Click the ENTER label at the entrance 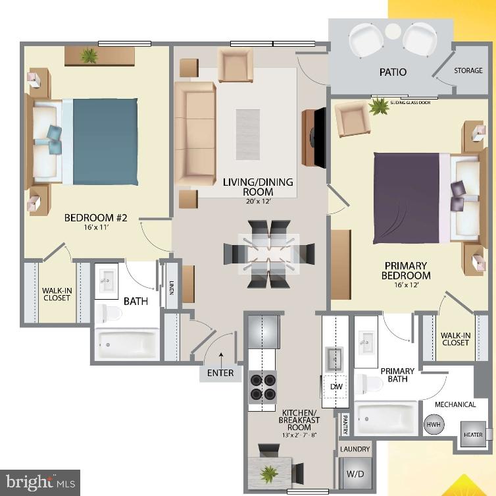220,373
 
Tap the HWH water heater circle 433,426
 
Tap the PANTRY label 344,425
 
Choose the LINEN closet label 170,289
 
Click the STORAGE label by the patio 469,72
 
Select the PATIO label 393,72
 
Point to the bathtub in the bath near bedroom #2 126,343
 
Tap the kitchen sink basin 335,358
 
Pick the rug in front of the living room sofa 247,125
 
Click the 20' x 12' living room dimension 249,202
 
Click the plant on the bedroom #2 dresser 89,55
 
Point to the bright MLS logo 39,483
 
